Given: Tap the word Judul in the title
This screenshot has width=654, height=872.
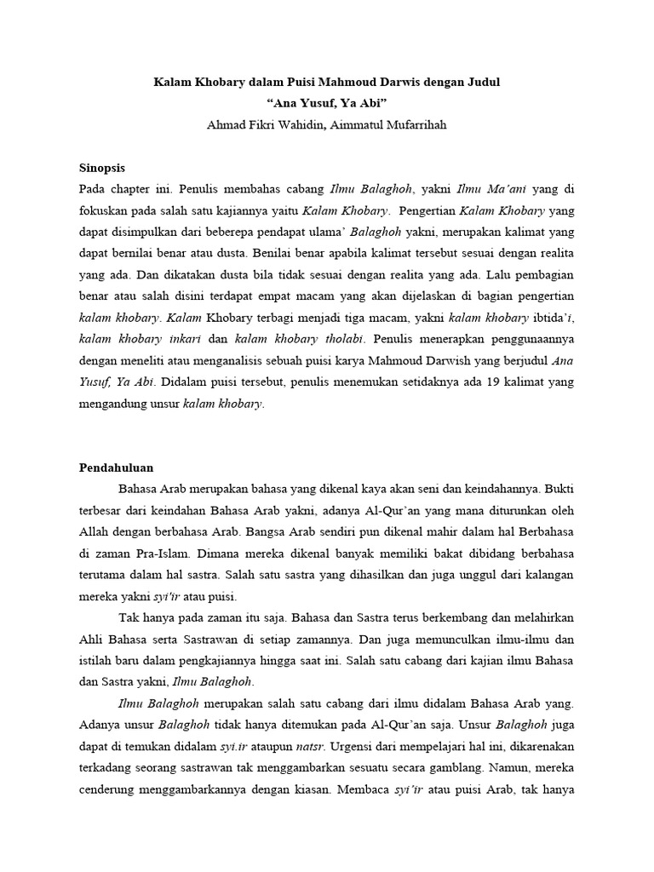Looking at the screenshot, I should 483,83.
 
